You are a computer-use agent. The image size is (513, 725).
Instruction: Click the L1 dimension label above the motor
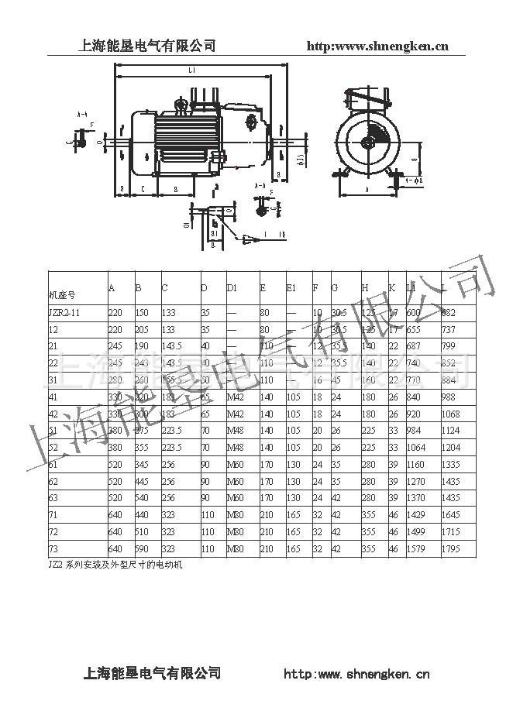point(191,70)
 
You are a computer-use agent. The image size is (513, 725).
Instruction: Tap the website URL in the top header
point(378,46)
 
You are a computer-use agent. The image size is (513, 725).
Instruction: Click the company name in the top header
point(147,46)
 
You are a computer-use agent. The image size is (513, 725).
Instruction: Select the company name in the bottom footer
point(152,672)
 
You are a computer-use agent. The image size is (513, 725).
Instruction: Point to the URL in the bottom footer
point(357,674)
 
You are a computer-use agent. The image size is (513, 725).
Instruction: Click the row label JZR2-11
point(66,311)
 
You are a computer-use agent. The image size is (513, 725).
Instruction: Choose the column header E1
point(291,288)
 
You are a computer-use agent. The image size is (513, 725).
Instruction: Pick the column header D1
point(232,288)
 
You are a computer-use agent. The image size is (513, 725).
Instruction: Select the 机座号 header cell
point(63,295)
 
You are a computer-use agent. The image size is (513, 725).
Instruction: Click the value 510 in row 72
point(143,531)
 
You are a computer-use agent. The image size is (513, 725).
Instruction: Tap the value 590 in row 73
point(143,548)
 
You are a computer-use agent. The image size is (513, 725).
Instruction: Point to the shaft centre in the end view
point(369,143)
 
